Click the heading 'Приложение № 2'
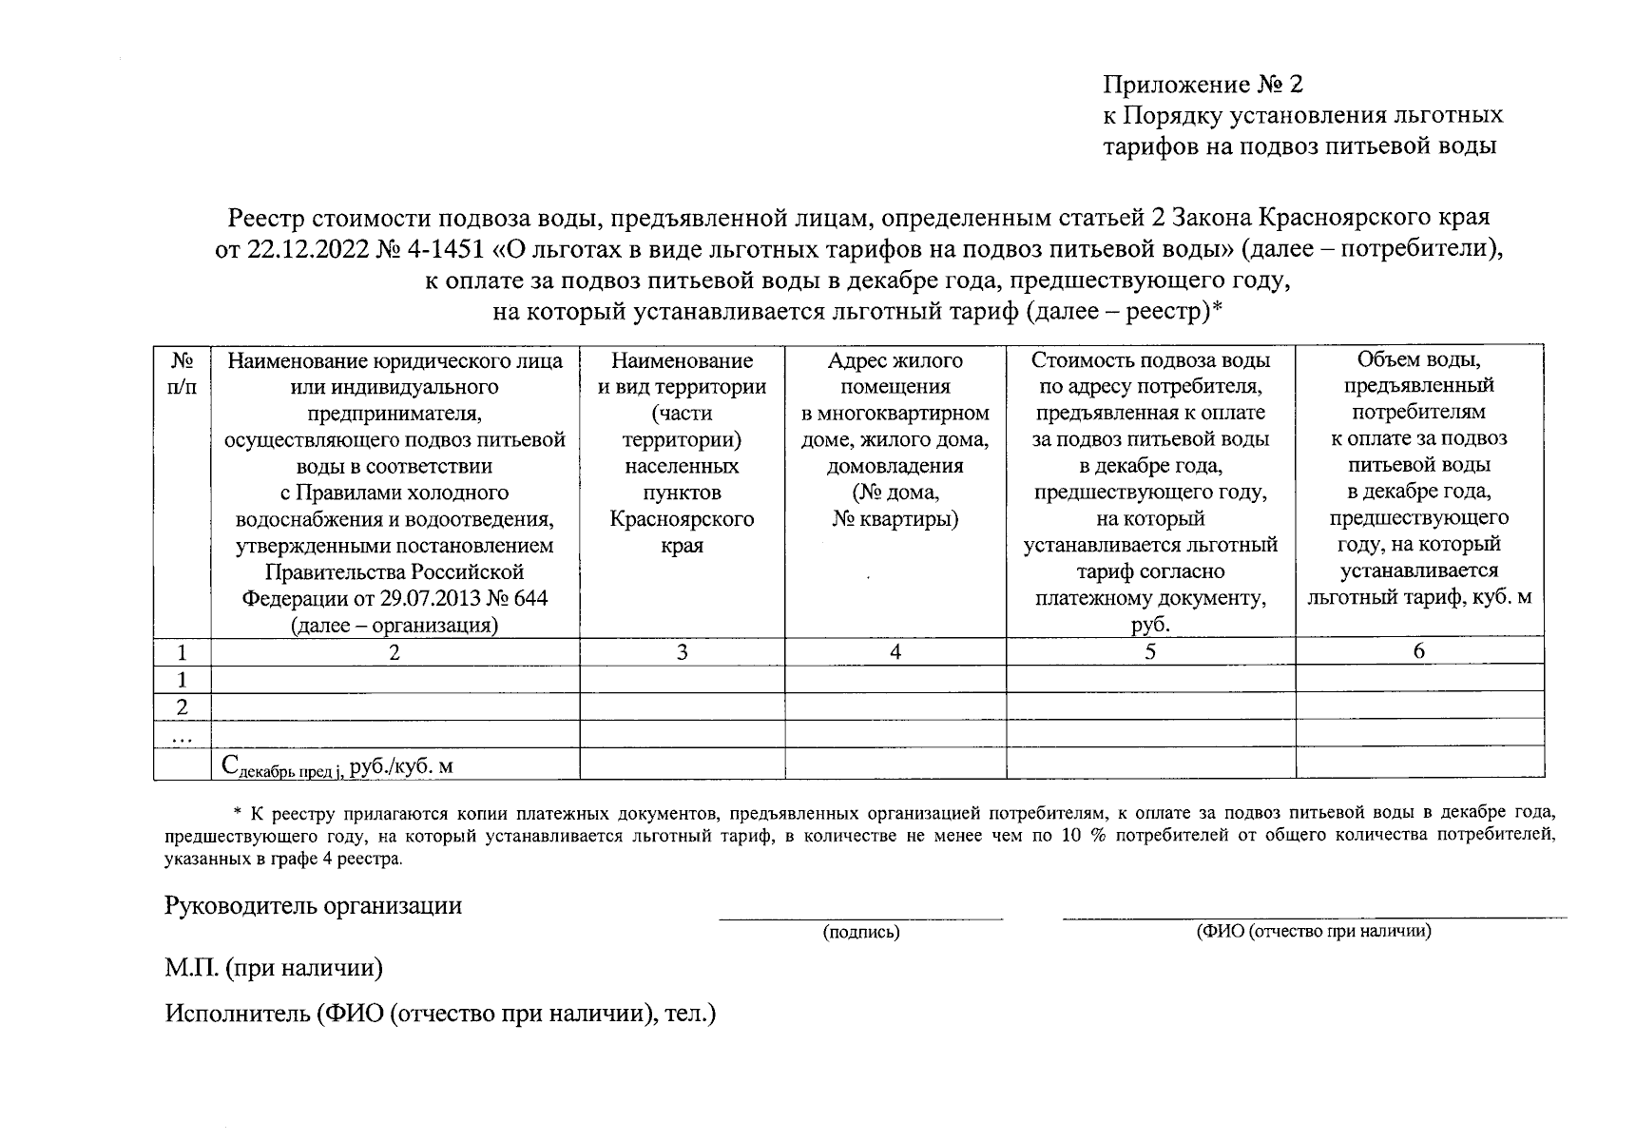(1201, 85)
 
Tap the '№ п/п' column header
(183, 375)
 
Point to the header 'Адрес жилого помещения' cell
(895, 374)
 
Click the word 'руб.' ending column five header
(1150, 625)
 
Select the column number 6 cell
(1418, 651)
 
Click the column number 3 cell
(682, 652)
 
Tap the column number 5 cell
(1150, 652)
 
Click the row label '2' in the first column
(183, 706)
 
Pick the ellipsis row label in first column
(183, 736)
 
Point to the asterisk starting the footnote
(238, 814)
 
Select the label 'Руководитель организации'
(314, 905)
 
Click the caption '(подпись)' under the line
(860, 933)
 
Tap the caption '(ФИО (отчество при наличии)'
(1313, 932)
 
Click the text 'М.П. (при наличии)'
(274, 968)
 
